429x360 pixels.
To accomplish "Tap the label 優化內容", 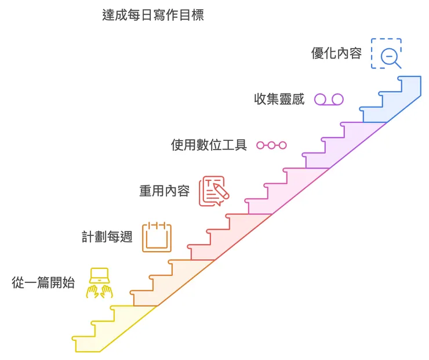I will click(x=336, y=54).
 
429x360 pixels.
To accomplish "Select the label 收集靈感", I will click(x=279, y=99).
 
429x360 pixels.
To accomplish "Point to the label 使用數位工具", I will click(x=209, y=145).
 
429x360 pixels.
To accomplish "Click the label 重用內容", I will click(x=164, y=191).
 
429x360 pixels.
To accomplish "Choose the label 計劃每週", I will click(x=107, y=237).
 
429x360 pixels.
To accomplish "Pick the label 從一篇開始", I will click(x=43, y=283).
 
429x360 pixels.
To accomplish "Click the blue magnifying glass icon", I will click(x=387, y=54).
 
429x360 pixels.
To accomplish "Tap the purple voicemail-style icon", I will click(x=329, y=99).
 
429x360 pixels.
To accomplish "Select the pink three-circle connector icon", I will click(x=272, y=145).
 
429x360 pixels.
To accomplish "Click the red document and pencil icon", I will click(x=213, y=191).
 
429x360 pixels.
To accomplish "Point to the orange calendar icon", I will click(x=157, y=237).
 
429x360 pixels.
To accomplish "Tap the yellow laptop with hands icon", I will click(x=99, y=283).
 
